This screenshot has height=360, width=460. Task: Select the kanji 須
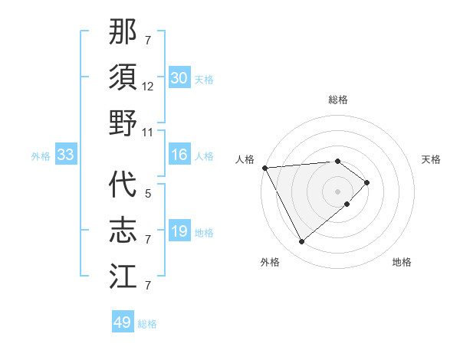123,78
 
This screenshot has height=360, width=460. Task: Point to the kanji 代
123,186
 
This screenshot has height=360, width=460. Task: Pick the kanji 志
123,231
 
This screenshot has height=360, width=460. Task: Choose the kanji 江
123,276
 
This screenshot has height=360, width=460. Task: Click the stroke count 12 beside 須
148,87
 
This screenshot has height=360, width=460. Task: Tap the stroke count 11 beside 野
148,132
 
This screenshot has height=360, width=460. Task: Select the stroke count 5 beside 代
148,195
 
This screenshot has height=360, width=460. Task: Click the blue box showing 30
179,78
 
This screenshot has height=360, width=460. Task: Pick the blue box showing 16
179,155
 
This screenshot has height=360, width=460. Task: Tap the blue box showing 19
179,231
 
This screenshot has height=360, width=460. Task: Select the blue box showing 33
65,155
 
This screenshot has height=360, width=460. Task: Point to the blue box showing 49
123,322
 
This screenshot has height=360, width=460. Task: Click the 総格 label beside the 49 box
148,324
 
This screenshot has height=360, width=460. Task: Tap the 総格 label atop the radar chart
337,100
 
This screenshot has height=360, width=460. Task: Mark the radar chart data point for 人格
264,167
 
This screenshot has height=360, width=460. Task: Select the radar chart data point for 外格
301,242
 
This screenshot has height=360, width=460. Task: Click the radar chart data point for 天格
367,182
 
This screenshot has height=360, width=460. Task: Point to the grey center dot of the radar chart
337,191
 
